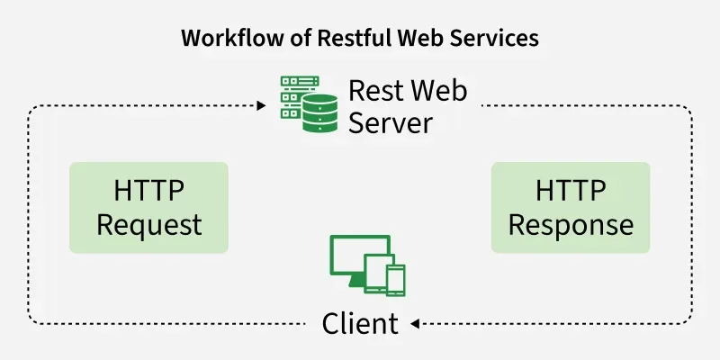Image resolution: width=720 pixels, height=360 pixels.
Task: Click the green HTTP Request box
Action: (148, 207)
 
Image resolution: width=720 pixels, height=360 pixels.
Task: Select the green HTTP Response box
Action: (570, 207)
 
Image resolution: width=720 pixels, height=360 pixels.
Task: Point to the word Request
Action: (148, 224)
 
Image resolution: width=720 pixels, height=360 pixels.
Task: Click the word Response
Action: (570, 224)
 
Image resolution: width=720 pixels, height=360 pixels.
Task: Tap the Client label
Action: (360, 323)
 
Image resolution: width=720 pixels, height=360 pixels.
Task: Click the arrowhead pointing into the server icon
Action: (261, 106)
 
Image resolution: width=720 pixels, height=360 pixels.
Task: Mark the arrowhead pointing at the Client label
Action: (417, 323)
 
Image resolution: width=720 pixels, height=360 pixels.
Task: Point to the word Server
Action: (391, 121)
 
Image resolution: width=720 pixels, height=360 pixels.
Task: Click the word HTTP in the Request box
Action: (148, 191)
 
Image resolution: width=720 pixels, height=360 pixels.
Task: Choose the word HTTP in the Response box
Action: (570, 191)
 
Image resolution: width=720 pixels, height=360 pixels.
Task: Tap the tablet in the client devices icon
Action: (375, 274)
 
